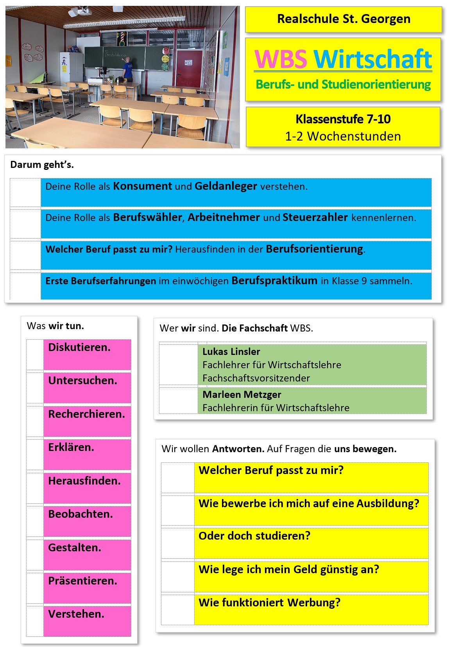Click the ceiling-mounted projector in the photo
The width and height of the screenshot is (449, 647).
click(x=80, y=13)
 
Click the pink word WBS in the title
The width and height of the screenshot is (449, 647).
click(x=281, y=59)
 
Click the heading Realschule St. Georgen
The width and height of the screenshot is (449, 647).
click(x=343, y=19)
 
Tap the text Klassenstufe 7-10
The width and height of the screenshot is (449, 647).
click(x=343, y=119)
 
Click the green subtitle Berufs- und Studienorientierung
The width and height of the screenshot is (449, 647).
click(x=343, y=84)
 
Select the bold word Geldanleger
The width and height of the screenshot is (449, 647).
click(x=225, y=186)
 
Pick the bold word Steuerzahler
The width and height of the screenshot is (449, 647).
click(x=315, y=217)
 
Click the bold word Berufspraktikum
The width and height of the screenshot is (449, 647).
click(x=274, y=281)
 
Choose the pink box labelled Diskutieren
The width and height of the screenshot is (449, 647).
click(x=87, y=354)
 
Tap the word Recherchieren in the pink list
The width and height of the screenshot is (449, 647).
click(x=86, y=414)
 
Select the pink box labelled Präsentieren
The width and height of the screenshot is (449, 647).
click(x=87, y=587)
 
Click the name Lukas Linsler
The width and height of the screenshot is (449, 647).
click(x=231, y=351)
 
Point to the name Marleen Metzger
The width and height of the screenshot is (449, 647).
click(x=241, y=394)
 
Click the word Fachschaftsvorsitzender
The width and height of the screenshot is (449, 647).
click(x=256, y=378)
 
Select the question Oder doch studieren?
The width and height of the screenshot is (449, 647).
click(x=254, y=536)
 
